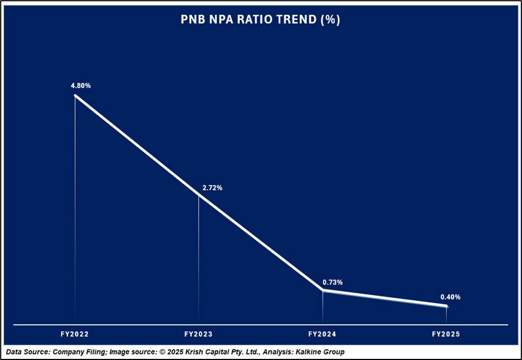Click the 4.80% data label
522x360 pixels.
point(80,86)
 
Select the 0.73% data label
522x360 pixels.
point(332,282)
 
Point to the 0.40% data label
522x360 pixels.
point(450,297)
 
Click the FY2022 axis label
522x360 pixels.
point(75,335)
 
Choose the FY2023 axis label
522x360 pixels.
point(198,335)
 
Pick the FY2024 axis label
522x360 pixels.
point(322,335)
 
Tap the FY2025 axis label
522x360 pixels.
point(446,335)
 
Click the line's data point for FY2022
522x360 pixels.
point(75,96)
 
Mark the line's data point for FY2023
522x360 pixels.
point(198,195)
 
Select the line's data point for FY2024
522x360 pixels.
point(322,290)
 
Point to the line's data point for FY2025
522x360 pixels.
point(446,306)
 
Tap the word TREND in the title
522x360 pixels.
point(298,19)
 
